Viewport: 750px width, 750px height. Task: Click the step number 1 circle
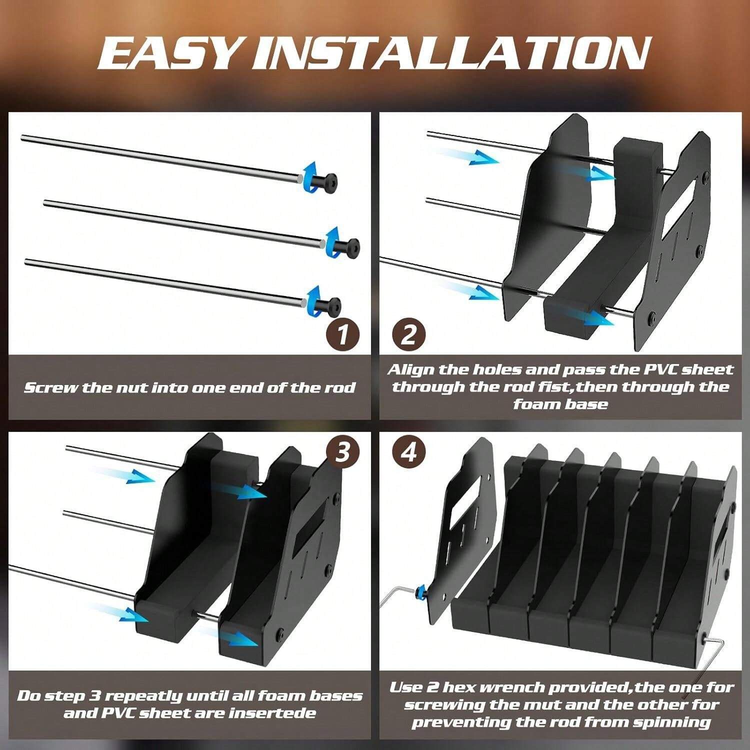[x=342, y=333]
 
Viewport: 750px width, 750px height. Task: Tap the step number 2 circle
[x=408, y=333]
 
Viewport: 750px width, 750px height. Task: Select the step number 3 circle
[x=342, y=452]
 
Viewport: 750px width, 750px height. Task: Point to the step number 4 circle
[x=409, y=452]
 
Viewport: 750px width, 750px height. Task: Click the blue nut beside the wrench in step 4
[x=420, y=591]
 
